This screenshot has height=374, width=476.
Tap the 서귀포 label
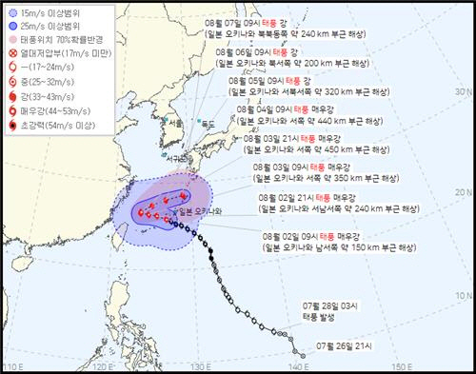click(177, 158)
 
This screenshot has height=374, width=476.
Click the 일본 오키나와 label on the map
click(192, 210)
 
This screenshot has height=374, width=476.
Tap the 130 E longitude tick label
click(198, 366)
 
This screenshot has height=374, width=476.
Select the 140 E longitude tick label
click(299, 366)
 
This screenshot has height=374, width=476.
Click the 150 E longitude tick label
click(401, 366)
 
